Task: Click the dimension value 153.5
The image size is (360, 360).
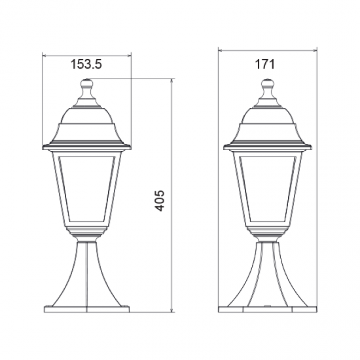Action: click(x=86, y=64)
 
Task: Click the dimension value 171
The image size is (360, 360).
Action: click(x=266, y=64)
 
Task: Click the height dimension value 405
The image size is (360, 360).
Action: click(x=160, y=200)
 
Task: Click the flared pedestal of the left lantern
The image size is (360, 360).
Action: click(x=87, y=275)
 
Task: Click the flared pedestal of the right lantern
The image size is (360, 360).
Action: click(x=267, y=275)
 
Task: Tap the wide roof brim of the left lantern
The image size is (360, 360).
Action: click(x=87, y=144)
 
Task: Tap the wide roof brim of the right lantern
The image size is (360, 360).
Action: click(x=267, y=145)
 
